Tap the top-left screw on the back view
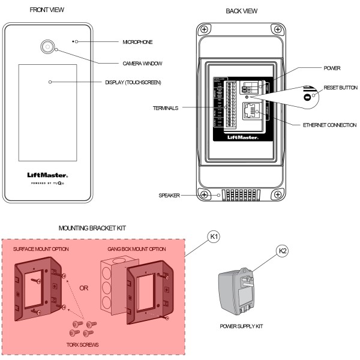coord(205,29)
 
